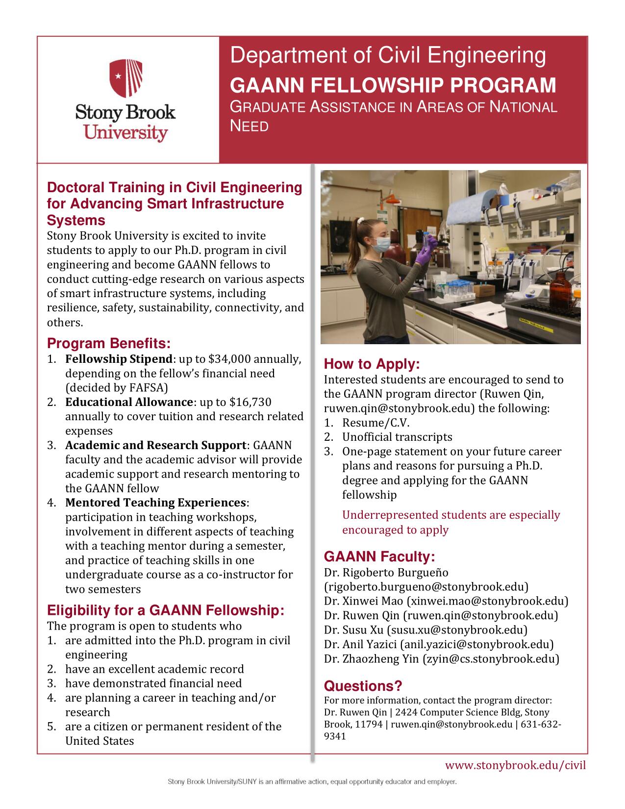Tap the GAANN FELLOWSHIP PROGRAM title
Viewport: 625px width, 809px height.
coord(393,85)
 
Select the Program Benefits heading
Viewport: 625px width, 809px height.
coord(108,343)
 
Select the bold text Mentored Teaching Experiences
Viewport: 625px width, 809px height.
coord(155,503)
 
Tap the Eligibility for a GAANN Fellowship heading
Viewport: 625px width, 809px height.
coord(165,610)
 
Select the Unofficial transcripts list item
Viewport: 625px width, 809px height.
coord(397,437)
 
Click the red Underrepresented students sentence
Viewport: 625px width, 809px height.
coord(450,522)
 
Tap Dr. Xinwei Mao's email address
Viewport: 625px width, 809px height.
coord(487,601)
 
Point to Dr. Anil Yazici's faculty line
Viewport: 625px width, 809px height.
coord(439,644)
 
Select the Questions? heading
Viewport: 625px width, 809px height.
coord(363,686)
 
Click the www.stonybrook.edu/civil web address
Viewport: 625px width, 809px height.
coord(515,765)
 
